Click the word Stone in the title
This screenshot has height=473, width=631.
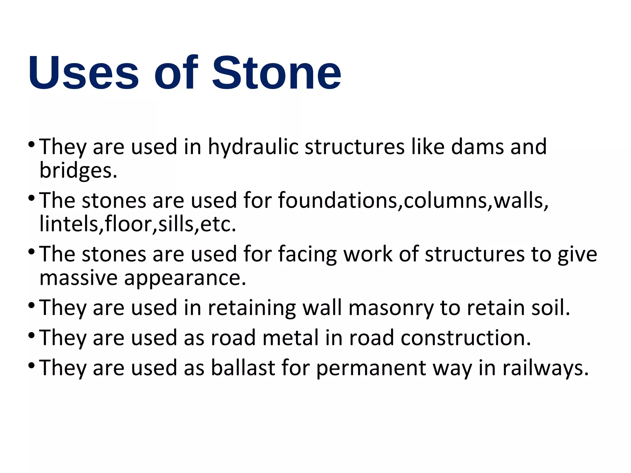[277, 73]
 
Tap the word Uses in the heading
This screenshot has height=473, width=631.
[83, 73]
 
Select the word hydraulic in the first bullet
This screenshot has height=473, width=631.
[253, 147]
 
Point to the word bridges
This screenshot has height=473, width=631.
[78, 171]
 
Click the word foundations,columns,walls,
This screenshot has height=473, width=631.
[413, 200]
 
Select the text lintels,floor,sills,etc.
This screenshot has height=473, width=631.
[137, 224]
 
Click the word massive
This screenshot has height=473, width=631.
[78, 278]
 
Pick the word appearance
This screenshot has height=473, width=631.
[185, 278]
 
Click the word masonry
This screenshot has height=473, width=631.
[391, 308]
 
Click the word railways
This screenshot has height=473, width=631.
[545, 368]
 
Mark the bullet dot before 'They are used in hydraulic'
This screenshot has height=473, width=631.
[31, 144]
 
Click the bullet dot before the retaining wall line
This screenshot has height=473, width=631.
[31, 305]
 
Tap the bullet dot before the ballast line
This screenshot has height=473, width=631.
[31, 366]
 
